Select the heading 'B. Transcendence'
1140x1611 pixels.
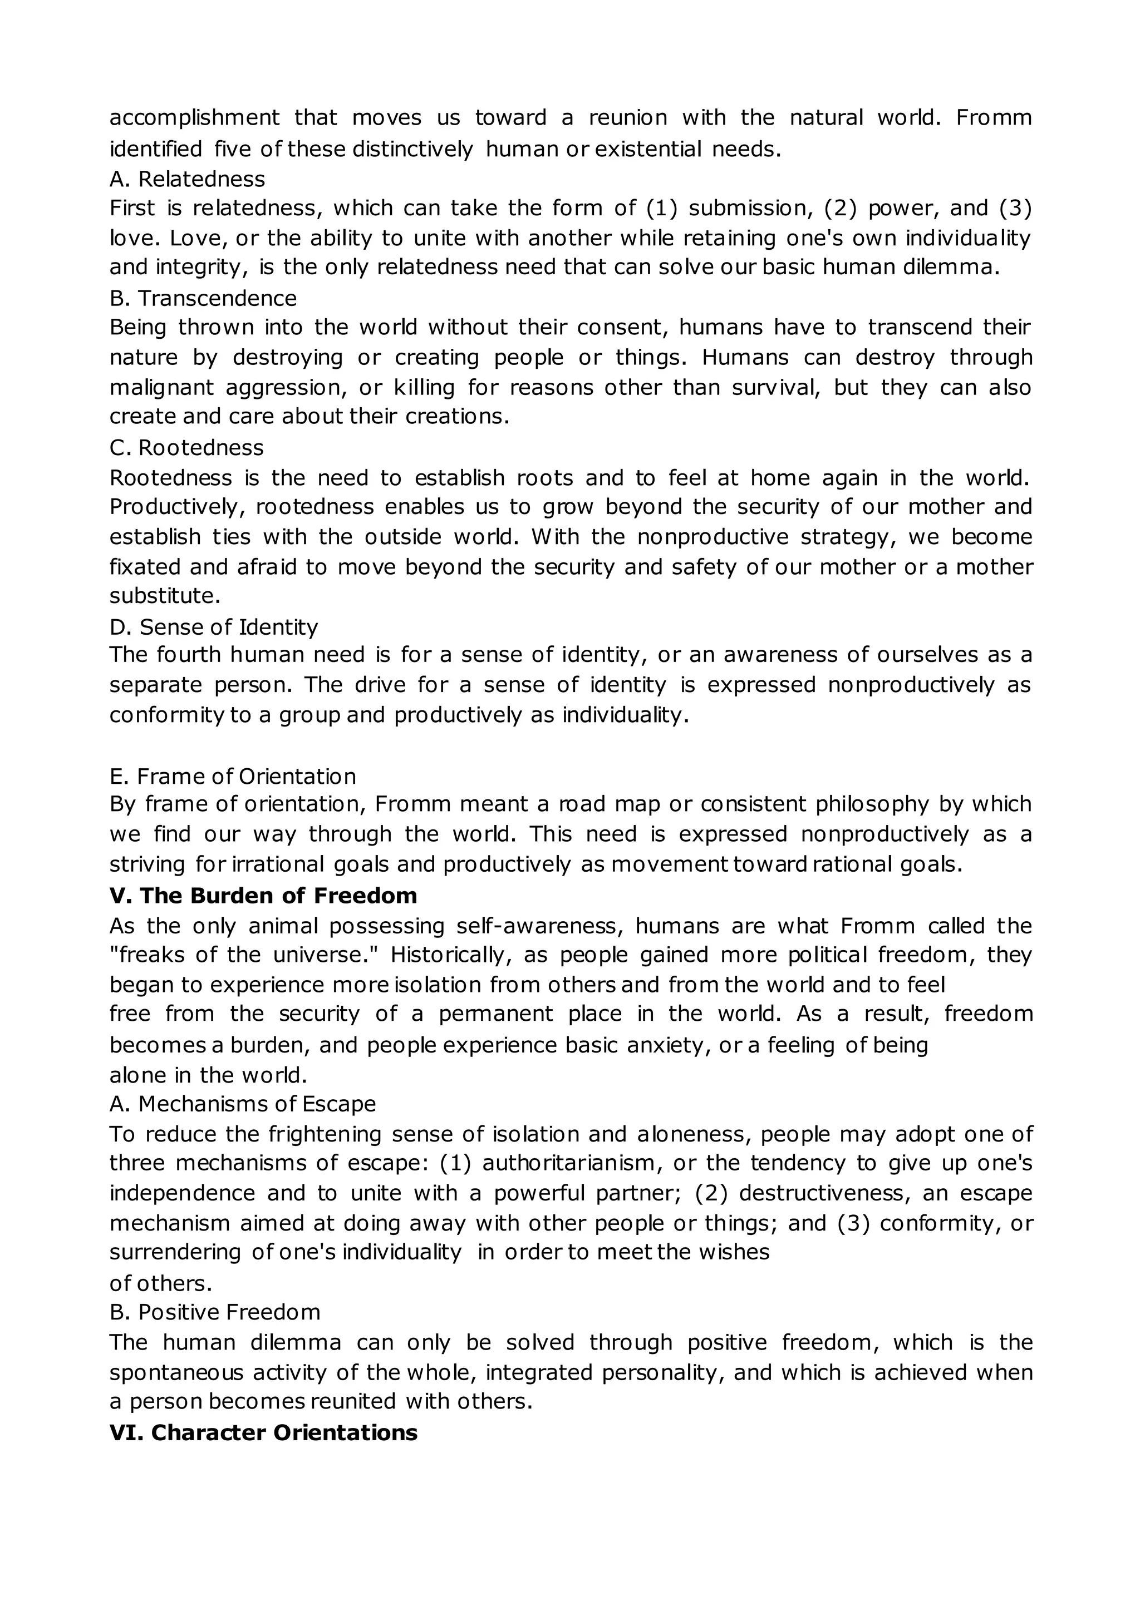(203, 298)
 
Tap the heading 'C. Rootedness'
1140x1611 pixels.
(186, 448)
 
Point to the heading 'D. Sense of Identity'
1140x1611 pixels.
(213, 626)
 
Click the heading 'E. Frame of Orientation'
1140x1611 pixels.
(232, 776)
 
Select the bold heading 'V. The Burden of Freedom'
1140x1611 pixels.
(263, 896)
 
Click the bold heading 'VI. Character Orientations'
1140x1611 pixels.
(263, 1433)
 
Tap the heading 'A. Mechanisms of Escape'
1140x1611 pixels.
(242, 1104)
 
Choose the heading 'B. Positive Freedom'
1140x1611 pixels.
(215, 1312)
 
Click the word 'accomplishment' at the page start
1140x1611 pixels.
(194, 117)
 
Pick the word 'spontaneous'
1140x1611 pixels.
(176, 1372)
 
